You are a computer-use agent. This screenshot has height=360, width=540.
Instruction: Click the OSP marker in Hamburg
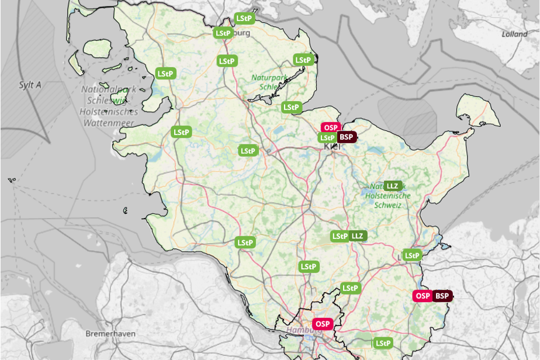(321, 324)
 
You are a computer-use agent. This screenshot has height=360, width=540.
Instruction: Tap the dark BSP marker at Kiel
(347, 137)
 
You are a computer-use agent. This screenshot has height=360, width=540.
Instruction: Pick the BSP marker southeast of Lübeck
(442, 296)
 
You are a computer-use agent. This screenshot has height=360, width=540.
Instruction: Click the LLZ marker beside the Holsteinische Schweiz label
(392, 186)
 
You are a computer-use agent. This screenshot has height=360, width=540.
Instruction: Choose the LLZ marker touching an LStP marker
(358, 236)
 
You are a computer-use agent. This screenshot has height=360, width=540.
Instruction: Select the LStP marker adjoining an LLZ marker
(340, 236)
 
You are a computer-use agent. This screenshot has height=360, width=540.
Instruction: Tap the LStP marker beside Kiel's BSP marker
(327, 138)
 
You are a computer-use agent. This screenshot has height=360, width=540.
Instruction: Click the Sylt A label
(30, 85)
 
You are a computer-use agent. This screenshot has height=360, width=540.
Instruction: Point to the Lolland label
(514, 34)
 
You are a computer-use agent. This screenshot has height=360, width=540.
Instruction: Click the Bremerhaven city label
(110, 334)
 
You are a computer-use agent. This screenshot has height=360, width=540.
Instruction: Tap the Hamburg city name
(299, 331)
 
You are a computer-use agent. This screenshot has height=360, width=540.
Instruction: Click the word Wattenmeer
(109, 123)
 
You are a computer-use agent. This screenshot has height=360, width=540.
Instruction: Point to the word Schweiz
(387, 206)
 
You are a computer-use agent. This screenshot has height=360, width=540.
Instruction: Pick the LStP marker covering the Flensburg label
(223, 33)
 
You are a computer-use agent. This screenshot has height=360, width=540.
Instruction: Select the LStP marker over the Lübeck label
(412, 255)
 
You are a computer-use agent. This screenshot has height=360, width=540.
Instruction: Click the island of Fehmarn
(476, 111)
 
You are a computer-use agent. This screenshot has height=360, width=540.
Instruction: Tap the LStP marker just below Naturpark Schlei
(291, 107)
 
